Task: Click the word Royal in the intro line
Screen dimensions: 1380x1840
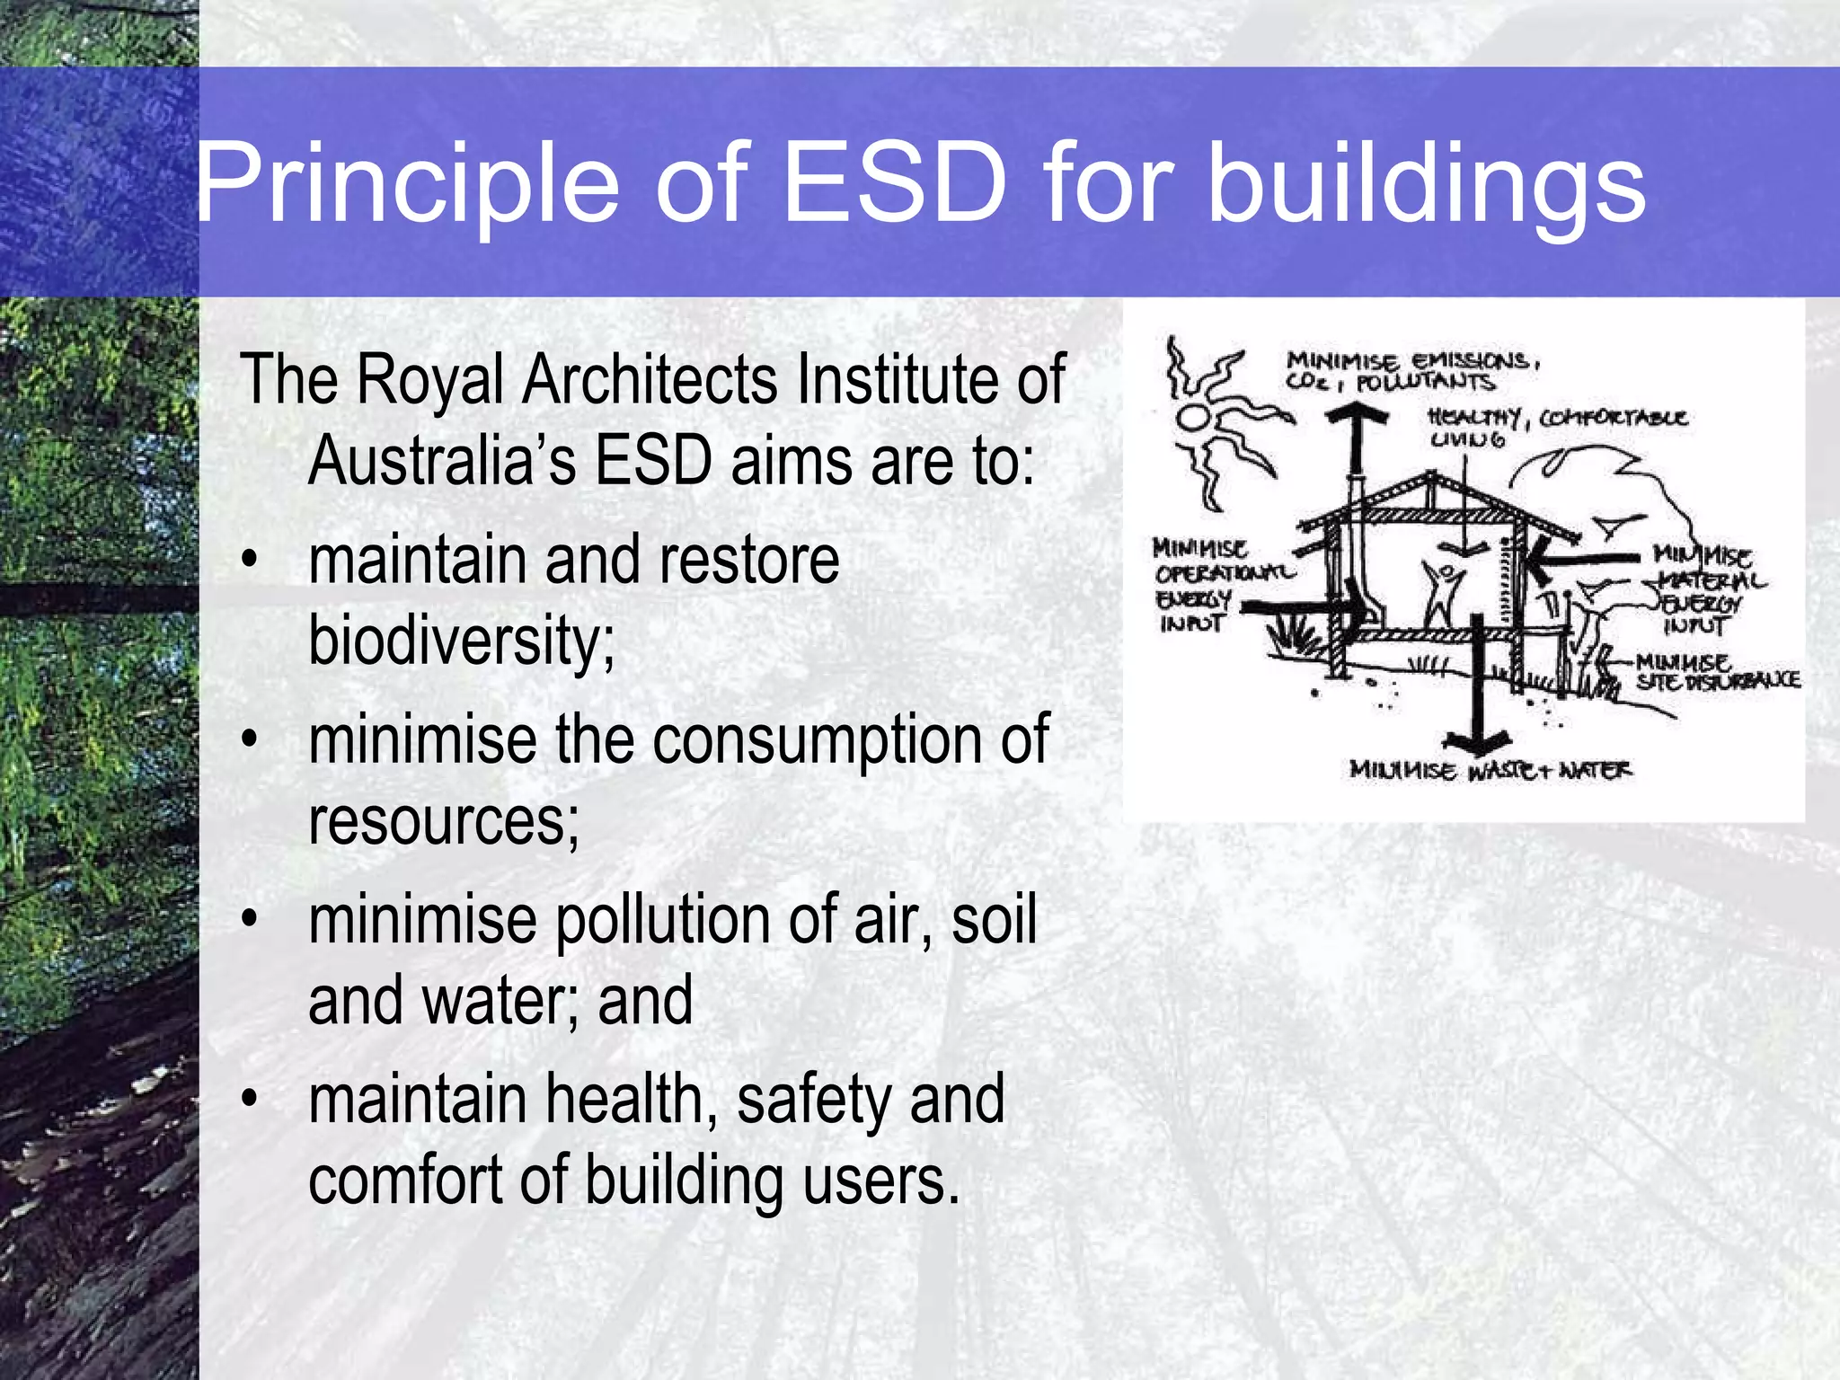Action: coord(429,381)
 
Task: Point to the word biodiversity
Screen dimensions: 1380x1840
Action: coord(462,641)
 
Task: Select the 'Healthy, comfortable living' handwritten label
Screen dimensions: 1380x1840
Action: coord(1554,428)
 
